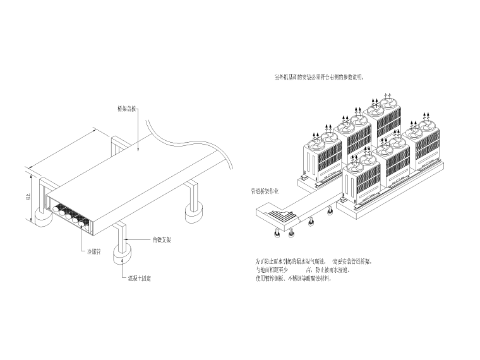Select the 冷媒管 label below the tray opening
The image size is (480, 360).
point(94,250)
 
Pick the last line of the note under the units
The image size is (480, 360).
point(292,279)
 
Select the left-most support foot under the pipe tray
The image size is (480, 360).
point(277,234)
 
